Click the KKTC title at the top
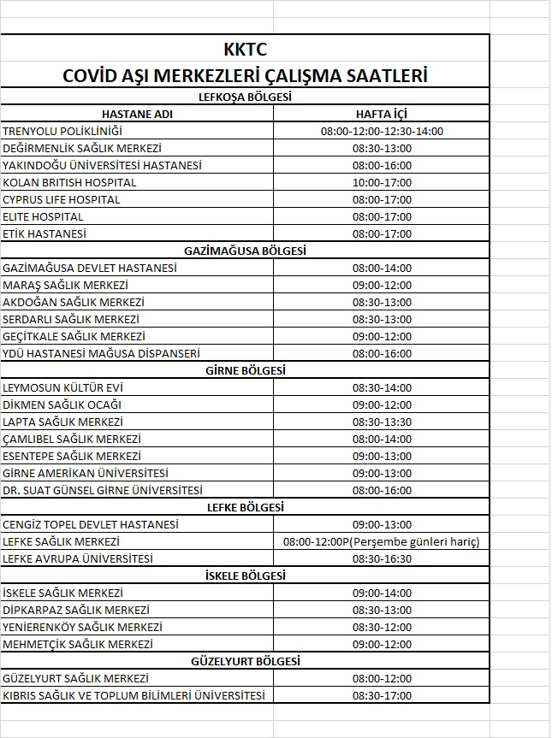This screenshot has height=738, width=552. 245,50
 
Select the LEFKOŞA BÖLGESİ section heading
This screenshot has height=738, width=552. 245,97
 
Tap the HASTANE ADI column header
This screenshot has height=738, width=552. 138,114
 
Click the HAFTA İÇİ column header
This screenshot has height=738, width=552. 382,114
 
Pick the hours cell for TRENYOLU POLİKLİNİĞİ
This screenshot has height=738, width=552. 382,131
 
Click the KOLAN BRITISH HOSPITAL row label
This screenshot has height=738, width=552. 70,182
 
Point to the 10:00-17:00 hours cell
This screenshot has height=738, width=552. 382,182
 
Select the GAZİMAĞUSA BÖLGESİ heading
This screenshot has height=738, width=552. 245,251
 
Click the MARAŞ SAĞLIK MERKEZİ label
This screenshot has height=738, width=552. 66,285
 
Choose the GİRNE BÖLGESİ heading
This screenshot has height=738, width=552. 245,370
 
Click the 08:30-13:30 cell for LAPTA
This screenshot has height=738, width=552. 382,422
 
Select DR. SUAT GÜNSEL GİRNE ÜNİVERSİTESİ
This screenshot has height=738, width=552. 103,490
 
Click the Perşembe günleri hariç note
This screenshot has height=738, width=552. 417,541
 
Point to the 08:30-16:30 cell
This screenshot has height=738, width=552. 382,558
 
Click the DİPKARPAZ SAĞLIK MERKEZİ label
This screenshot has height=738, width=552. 76,610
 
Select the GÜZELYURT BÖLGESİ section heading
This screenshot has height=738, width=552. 245,661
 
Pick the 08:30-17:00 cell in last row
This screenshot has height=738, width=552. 382,695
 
